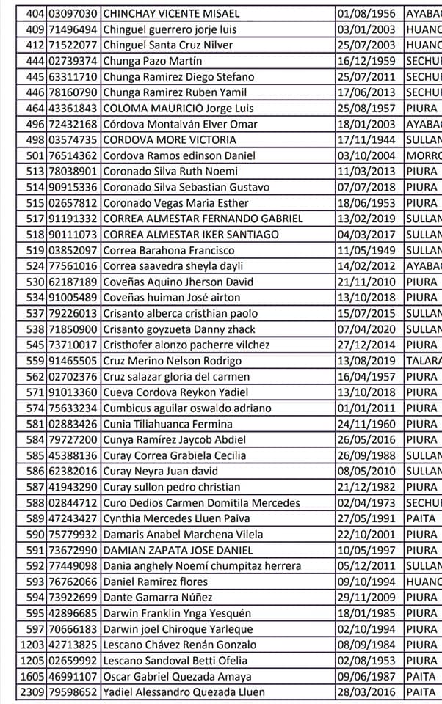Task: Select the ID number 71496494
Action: pos(73,29)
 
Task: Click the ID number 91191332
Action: pos(73,219)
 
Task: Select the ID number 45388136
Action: pos(73,455)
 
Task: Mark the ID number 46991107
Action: pos(73,676)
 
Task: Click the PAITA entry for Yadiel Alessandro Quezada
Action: pos(421,692)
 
